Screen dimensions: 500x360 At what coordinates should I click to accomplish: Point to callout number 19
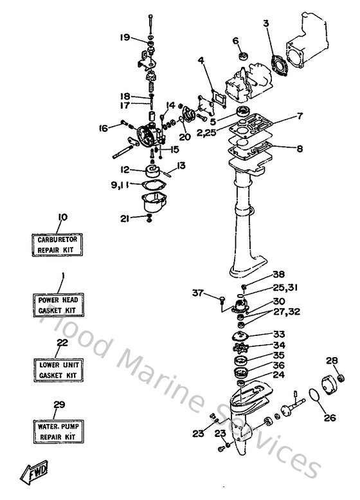point(125,37)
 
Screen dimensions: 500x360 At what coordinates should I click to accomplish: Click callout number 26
point(328,417)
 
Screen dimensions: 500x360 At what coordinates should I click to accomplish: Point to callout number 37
point(198,293)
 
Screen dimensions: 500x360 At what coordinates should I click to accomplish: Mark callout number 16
point(103,128)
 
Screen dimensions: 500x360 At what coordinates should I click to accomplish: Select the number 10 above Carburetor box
point(62,217)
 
